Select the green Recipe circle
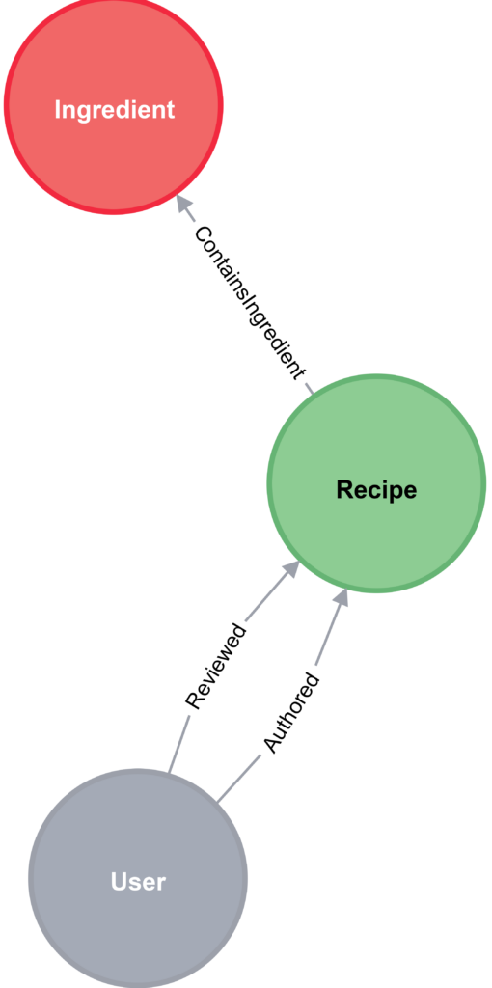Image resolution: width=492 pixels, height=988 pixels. click(x=376, y=484)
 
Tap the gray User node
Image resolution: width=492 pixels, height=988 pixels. click(x=138, y=879)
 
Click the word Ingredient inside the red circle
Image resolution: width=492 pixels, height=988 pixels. click(x=114, y=110)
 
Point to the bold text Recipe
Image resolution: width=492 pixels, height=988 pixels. click(x=376, y=490)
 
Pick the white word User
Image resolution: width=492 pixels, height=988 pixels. click(x=138, y=882)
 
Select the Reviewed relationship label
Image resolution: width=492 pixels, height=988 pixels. click(x=215, y=666)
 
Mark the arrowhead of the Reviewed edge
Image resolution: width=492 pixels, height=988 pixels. click(x=289, y=569)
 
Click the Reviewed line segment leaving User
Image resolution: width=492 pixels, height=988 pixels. click(x=178, y=743)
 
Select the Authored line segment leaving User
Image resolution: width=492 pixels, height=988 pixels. click(x=240, y=778)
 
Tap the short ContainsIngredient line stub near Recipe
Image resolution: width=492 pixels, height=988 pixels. click(x=308, y=388)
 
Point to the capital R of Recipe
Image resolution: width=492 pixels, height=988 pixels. click(x=344, y=489)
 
